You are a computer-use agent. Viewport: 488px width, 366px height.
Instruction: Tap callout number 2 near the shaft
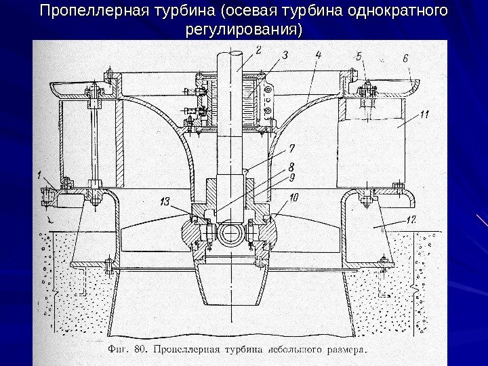click(x=258, y=49)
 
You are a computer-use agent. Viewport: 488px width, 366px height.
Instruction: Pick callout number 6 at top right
click(x=405, y=59)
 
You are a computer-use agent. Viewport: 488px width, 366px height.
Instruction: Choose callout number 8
click(x=290, y=165)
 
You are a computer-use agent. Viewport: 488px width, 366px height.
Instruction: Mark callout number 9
click(x=290, y=178)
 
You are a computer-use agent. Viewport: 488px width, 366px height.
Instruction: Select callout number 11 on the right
click(x=424, y=115)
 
